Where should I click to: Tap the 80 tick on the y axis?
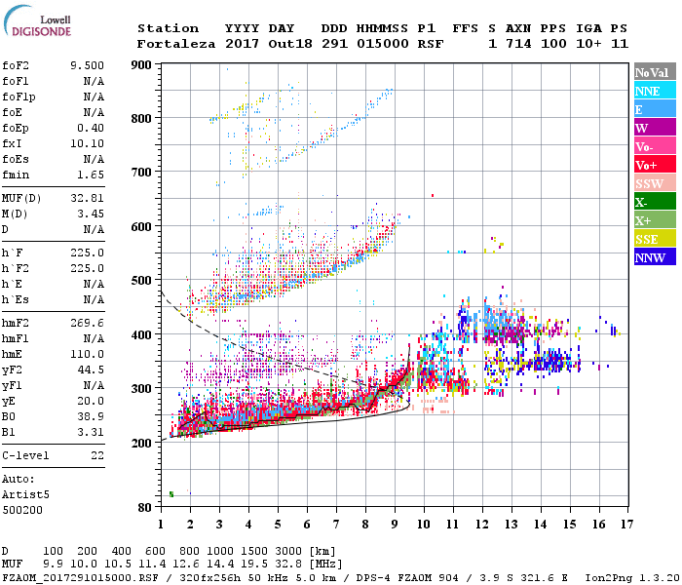point(146,507)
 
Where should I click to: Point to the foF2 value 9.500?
point(87,65)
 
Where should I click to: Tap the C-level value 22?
point(96,455)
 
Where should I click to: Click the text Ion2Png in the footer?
point(604,577)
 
